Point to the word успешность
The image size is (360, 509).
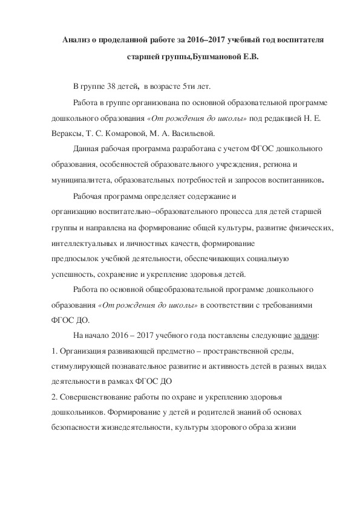click(68, 274)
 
